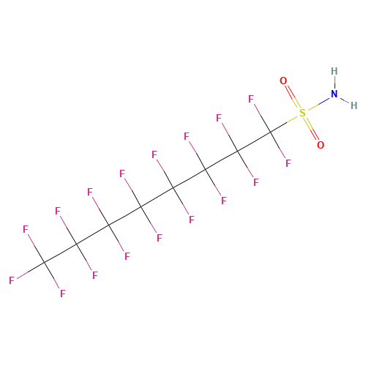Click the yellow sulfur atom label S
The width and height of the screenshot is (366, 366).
[302, 113]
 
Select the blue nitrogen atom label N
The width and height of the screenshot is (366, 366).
[335, 94]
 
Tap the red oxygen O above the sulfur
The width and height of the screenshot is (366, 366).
[283, 81]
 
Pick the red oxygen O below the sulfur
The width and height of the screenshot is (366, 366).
[321, 145]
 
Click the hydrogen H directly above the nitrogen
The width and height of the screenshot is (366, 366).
[335, 71]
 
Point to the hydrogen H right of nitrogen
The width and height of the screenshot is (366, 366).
[354, 105]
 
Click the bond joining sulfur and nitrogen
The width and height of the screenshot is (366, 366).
[318, 103]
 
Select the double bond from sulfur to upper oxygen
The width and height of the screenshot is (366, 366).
[293, 97]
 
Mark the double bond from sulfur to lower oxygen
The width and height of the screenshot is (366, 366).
[312, 129]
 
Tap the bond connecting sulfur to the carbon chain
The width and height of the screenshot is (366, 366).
[284, 124]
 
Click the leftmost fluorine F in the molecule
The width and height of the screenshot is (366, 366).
[12, 280]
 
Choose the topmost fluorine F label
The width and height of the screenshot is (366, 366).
[251, 99]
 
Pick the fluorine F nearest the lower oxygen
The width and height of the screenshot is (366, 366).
[288, 163]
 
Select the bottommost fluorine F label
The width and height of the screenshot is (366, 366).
[63, 294]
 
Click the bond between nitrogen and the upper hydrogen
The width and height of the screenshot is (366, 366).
[335, 83]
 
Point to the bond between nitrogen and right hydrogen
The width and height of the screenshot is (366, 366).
[345, 100]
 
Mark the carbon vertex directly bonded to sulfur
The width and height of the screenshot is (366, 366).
[270, 132]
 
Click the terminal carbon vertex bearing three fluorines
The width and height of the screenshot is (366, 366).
[44, 263]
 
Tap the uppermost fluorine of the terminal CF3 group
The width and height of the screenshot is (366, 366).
[26, 229]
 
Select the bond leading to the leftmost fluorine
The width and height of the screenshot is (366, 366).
[31, 270]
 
